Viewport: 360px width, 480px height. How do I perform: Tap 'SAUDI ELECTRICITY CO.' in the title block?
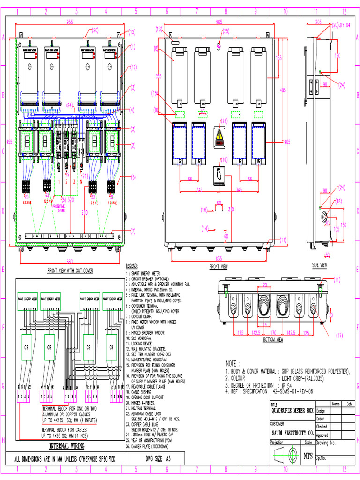tap(292, 432)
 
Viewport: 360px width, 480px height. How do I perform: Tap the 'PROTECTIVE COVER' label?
tap(58, 208)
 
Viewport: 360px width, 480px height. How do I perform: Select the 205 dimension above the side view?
tap(318, 22)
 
